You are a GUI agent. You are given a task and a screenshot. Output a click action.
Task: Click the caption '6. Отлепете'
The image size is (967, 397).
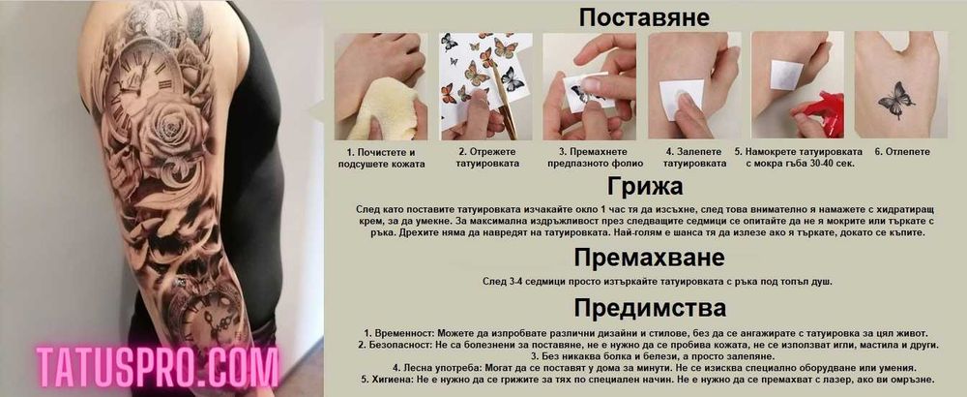901,152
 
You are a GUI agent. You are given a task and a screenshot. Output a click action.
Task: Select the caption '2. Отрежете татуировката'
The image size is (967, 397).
487,158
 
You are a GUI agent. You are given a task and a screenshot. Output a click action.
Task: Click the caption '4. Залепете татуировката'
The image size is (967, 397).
695,158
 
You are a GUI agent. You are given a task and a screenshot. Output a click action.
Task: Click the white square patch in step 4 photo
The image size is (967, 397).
681,94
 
